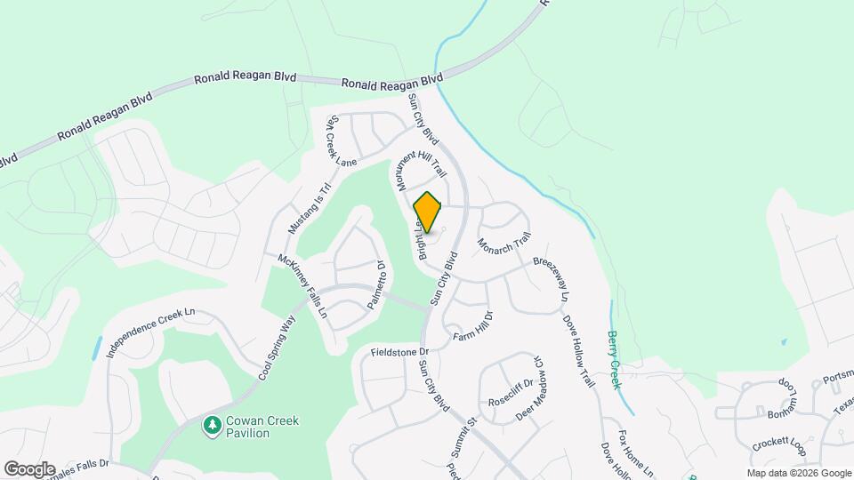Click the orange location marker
click(x=428, y=212)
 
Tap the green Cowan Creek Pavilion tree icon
click(x=212, y=427)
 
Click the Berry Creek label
click(x=614, y=359)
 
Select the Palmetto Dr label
click(x=375, y=285)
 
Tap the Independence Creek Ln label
click(x=150, y=332)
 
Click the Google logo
click(x=29, y=468)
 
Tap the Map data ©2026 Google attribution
click(x=799, y=473)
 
